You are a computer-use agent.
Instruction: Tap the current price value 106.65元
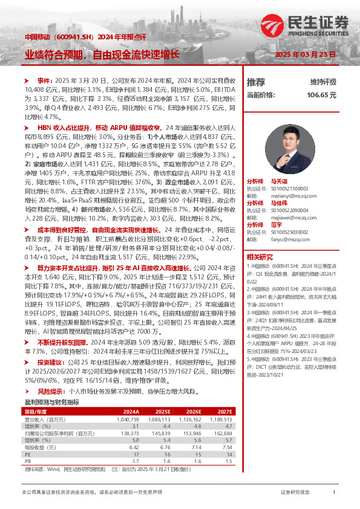coord(321,95)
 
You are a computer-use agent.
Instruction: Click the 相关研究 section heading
coord(259,257)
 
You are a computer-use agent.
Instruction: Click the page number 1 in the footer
coord(334,493)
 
